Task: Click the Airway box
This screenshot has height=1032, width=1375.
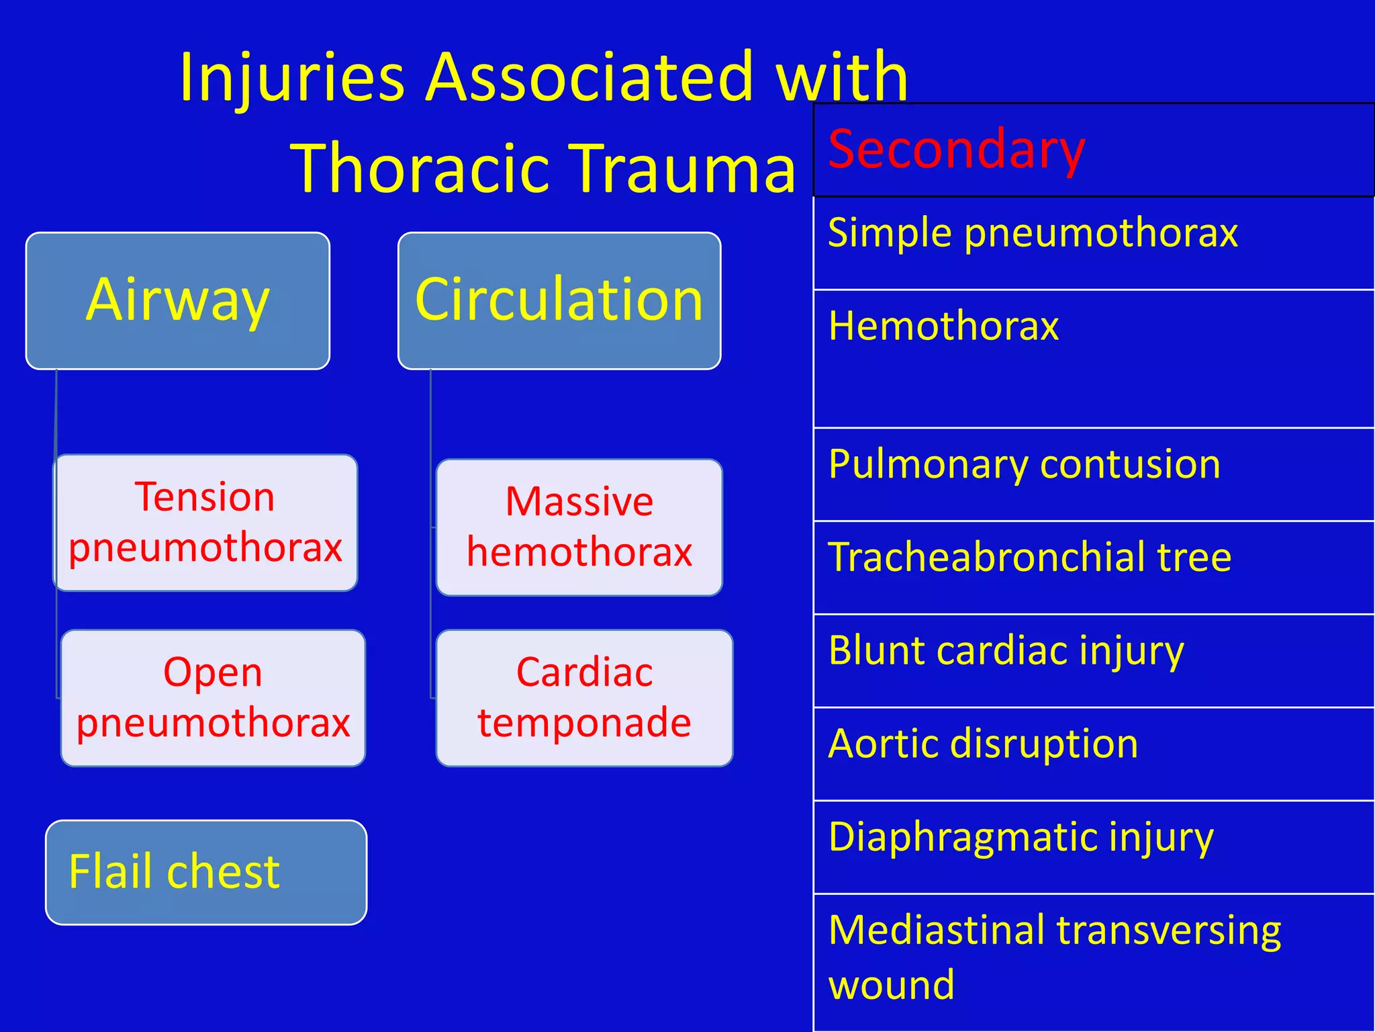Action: coord(178,300)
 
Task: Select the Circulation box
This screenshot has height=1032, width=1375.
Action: coord(559,300)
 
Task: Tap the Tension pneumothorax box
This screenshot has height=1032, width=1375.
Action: coord(205,523)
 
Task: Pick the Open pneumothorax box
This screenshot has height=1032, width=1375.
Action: coord(213,697)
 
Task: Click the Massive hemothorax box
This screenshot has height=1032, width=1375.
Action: coord(579,527)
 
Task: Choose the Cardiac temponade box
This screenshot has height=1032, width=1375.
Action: coord(584,697)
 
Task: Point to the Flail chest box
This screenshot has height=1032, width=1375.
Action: coord(206,872)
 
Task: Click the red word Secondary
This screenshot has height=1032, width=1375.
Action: coord(956,149)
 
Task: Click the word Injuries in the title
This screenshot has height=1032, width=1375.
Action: coord(292,77)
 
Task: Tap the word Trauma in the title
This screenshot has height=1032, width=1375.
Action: coord(685,168)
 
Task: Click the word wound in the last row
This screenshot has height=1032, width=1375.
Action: coord(891,985)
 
